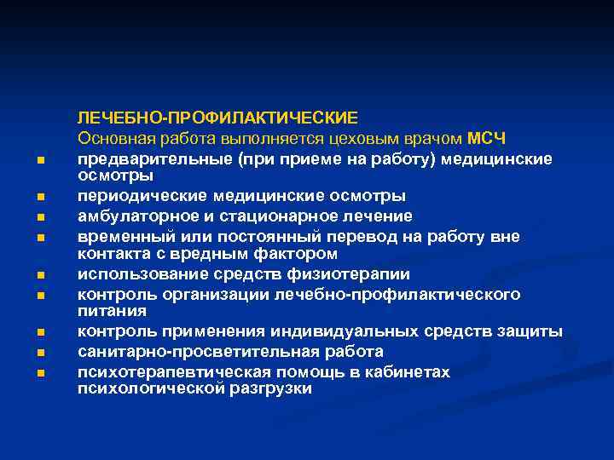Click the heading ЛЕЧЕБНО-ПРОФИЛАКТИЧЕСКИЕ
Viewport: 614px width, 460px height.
217,117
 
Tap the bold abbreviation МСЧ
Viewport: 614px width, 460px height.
488,137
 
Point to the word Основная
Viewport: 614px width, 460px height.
115,137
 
